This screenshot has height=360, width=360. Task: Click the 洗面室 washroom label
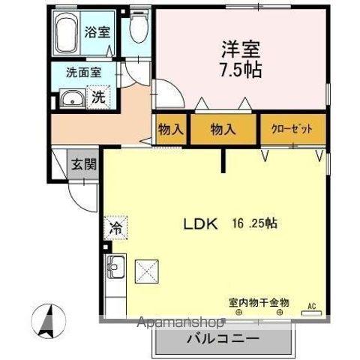[x=82, y=73]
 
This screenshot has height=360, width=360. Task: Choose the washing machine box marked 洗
[x=99, y=97]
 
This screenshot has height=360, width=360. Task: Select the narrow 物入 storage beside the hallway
[x=171, y=128]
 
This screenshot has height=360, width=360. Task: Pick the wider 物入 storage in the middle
[x=223, y=128]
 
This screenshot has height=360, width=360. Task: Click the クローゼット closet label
[x=292, y=129]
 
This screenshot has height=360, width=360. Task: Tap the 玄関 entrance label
[x=84, y=165]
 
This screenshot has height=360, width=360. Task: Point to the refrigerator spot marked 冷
[x=115, y=226]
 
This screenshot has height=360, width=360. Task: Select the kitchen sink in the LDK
[x=116, y=265]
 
